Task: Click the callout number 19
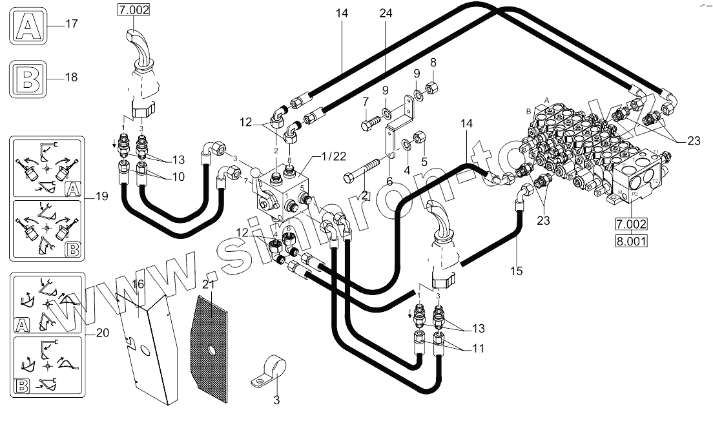tap(101, 196)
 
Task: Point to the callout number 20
tap(101, 334)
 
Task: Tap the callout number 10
tap(159, 177)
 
